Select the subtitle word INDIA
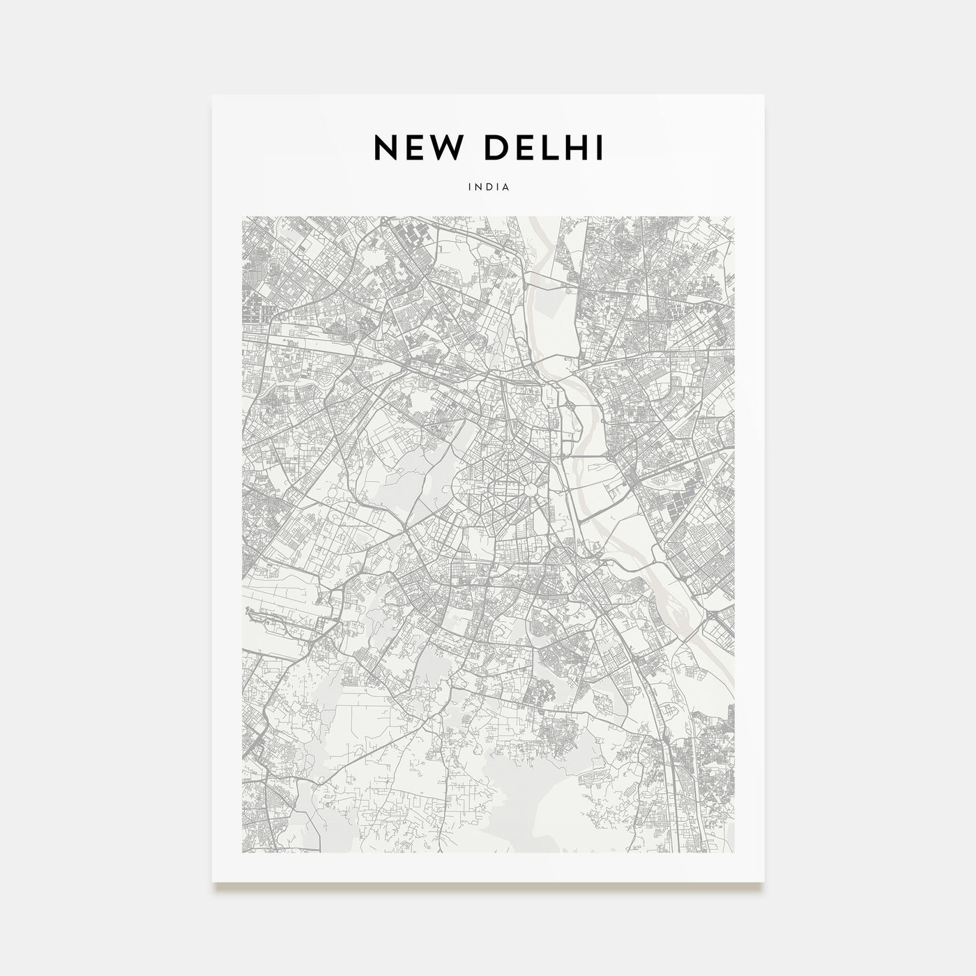click(489, 188)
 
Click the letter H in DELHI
click(577, 148)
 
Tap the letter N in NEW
click(388, 148)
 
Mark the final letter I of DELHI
click(600, 148)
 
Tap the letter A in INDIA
click(507, 188)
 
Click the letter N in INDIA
click(478, 188)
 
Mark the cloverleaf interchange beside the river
click(570, 404)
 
